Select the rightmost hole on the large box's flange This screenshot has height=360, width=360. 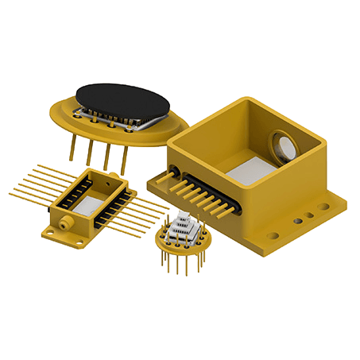pos(321,207)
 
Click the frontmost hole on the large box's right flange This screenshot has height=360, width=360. pos(273,234)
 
